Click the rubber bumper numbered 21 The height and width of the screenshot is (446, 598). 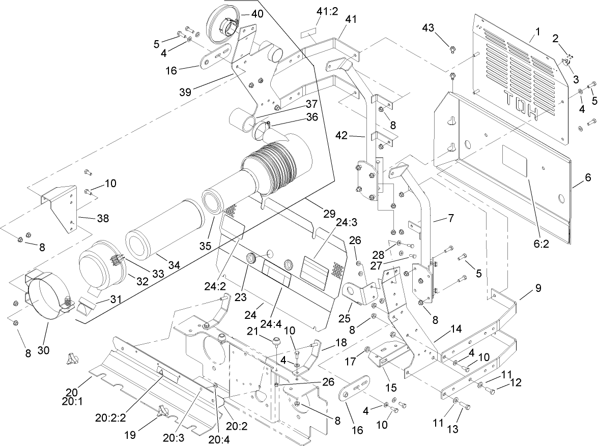click(x=276, y=341)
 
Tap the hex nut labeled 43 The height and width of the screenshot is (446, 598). click(x=451, y=49)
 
